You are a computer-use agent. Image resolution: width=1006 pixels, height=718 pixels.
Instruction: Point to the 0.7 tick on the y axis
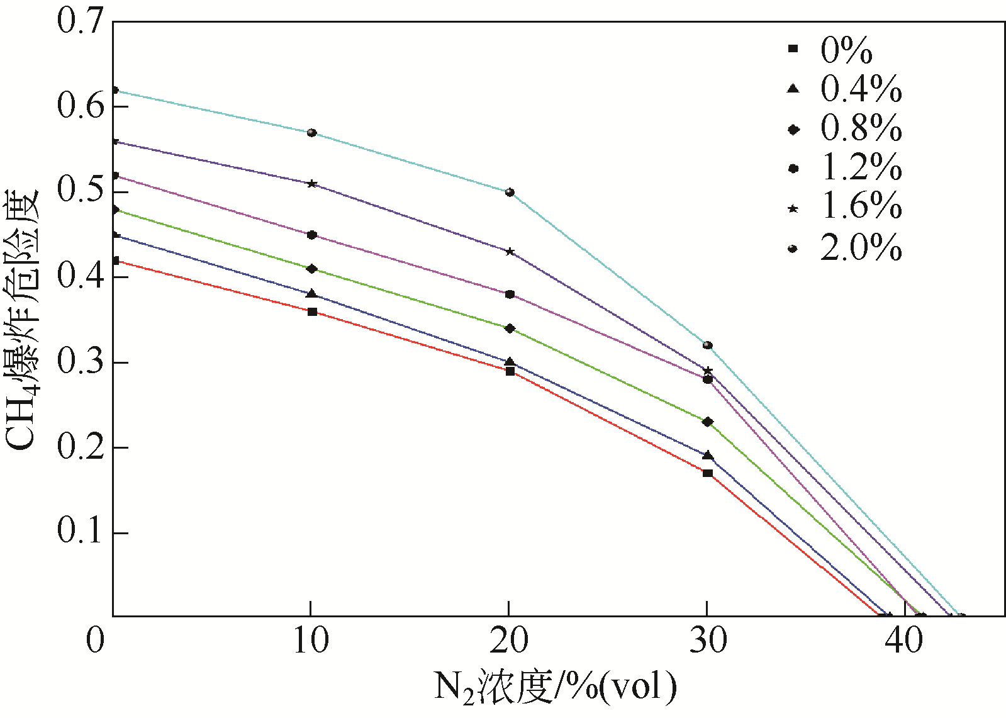[x=79, y=21]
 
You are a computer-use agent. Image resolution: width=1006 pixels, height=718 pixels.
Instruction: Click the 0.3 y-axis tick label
[x=79, y=362]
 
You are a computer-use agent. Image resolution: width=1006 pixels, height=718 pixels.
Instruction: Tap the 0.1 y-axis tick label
[x=79, y=532]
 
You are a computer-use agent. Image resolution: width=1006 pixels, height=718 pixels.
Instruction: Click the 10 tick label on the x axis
[x=311, y=641]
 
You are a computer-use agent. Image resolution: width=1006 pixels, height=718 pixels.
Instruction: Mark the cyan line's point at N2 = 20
[x=510, y=192]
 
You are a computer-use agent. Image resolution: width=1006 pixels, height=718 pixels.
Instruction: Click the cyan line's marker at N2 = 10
[x=311, y=133]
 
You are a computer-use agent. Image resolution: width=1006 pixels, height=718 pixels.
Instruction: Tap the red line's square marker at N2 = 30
[x=708, y=473]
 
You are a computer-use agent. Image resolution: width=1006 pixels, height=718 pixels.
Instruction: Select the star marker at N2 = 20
[x=510, y=251]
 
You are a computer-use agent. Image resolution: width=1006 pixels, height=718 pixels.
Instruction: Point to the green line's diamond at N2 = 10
[x=311, y=269]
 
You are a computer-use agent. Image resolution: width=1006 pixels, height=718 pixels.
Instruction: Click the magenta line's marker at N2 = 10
[x=311, y=235]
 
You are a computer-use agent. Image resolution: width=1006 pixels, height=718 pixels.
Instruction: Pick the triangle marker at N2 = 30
[x=708, y=455]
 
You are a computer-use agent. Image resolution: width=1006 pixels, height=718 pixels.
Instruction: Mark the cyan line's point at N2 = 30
[x=708, y=345]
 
